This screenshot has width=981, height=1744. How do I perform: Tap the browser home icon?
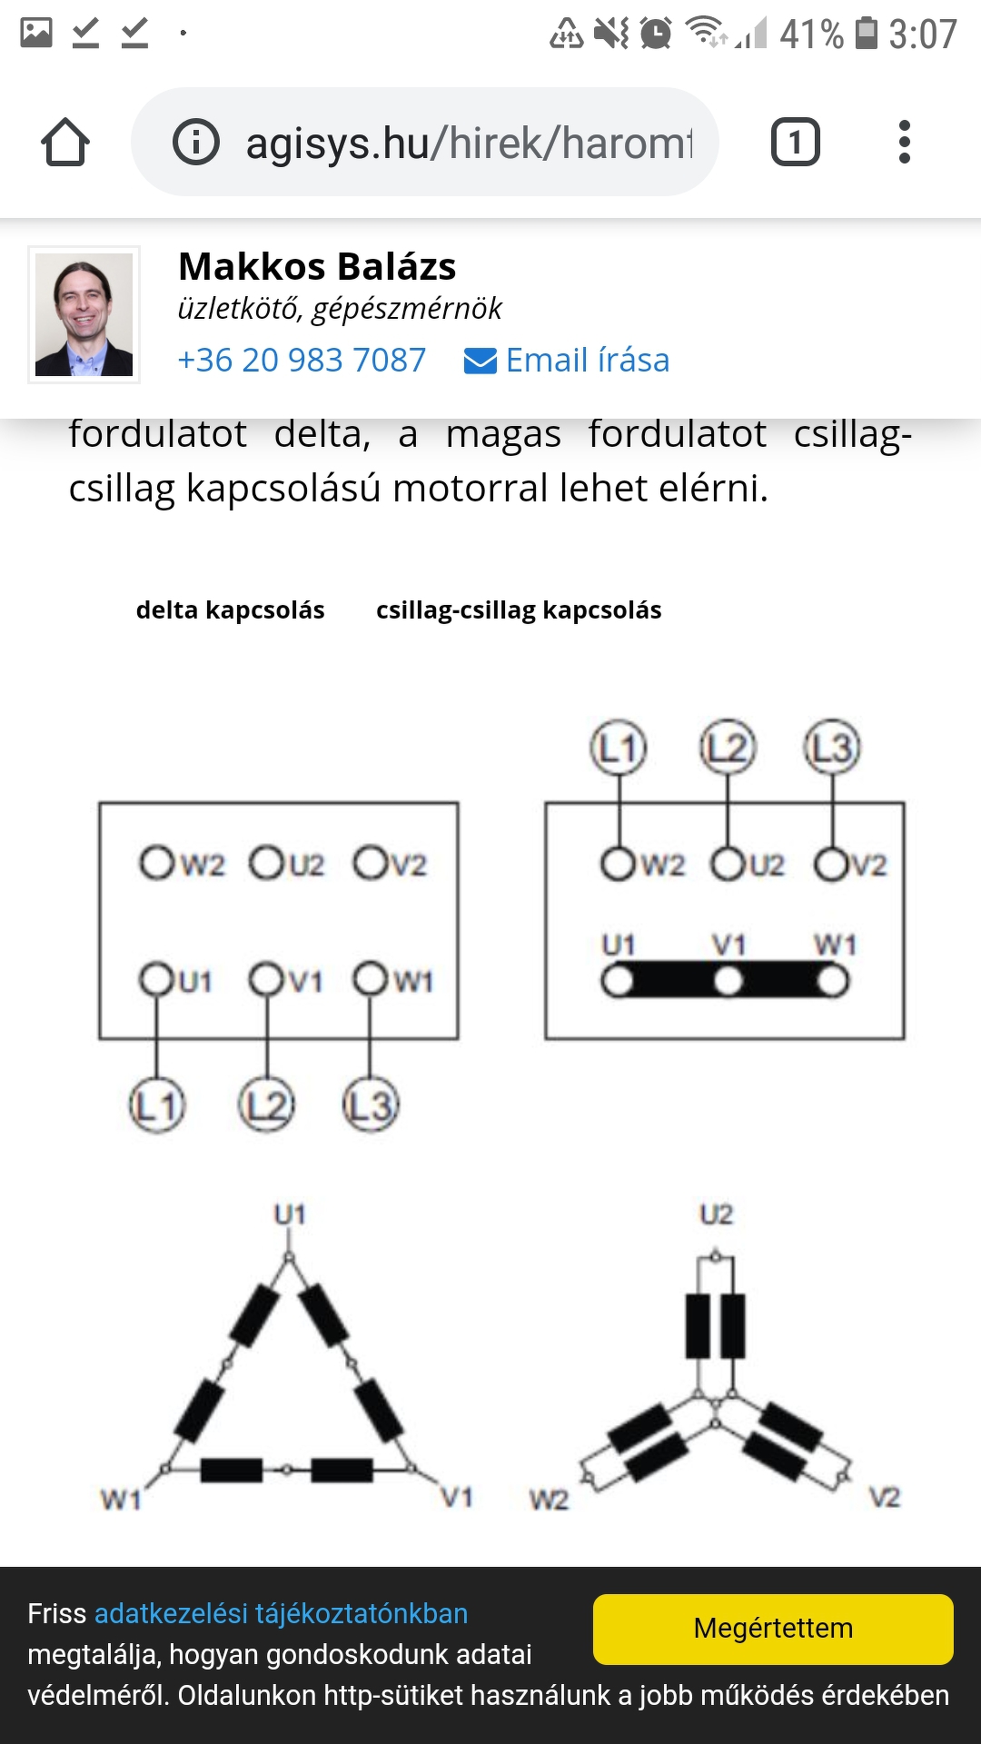pyautogui.click(x=65, y=143)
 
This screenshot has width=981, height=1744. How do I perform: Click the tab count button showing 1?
pyautogui.click(x=795, y=143)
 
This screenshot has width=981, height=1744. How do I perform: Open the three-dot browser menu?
pyautogui.click(x=904, y=143)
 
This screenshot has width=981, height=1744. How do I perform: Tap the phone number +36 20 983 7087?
pyautogui.click(x=302, y=361)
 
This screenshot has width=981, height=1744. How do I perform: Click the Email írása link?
pyautogui.click(x=568, y=361)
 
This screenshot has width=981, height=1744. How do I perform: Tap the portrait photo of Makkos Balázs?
pyautogui.click(x=84, y=314)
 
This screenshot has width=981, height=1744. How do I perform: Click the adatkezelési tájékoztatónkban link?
pyautogui.click(x=281, y=1613)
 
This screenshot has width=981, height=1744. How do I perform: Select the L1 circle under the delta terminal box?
pyautogui.click(x=157, y=1105)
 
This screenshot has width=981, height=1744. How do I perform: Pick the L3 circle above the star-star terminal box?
pyautogui.click(x=832, y=748)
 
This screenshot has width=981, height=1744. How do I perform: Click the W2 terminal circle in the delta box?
pyautogui.click(x=156, y=863)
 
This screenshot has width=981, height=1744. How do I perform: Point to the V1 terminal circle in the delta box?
pyautogui.click(x=267, y=979)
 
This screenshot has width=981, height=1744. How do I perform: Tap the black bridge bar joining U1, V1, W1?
pyautogui.click(x=725, y=981)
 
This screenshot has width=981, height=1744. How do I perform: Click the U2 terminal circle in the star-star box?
pyautogui.click(x=728, y=864)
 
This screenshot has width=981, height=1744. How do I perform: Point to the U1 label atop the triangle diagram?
pyautogui.click(x=290, y=1214)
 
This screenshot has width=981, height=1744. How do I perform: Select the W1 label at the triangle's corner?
pyautogui.click(x=121, y=1499)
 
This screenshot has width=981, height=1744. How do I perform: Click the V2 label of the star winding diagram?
pyautogui.click(x=885, y=1497)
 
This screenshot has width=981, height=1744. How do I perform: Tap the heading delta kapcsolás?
pyautogui.click(x=230, y=610)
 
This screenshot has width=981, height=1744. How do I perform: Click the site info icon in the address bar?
pyautogui.click(x=196, y=143)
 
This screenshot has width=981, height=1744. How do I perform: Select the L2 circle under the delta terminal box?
pyautogui.click(x=266, y=1105)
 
